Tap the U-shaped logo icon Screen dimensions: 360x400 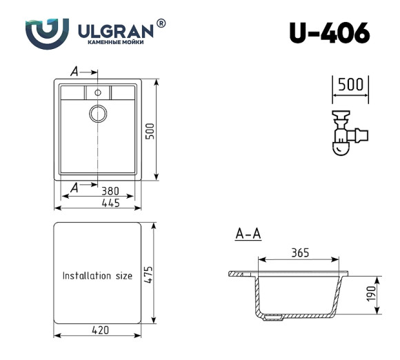click(47, 32)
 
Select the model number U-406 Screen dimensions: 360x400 click(329, 32)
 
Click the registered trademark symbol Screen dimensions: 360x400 click(161, 23)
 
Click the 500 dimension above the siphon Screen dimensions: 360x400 click(350, 85)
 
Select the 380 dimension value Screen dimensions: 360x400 click(110, 191)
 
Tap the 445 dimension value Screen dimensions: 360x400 click(110, 203)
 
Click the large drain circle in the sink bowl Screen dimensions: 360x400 click(97, 113)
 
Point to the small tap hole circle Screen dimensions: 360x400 click(97, 92)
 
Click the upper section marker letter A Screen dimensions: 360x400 click(74, 71)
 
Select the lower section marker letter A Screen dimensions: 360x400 click(74, 186)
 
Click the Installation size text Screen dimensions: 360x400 click(97, 276)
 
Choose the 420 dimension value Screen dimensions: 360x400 click(100, 330)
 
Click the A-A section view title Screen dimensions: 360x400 click(248, 234)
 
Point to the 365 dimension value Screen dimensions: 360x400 click(299, 252)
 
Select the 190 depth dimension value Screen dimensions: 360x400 click(371, 293)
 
